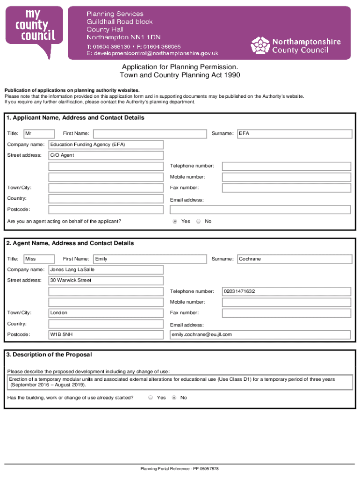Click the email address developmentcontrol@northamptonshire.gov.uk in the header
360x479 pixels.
[152, 53]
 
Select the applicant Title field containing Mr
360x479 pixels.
[39, 134]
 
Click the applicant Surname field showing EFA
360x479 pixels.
[295, 134]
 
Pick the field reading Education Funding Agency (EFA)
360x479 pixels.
[106, 145]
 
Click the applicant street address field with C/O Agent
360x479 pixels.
[106, 155]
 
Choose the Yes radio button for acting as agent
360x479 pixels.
[175, 221]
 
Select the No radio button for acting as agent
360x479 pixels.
[198, 221]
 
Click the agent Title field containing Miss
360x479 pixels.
[39, 259]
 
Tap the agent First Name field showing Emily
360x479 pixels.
[150, 259]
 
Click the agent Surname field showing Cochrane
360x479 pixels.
[295, 259]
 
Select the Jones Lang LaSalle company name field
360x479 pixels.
[106, 270]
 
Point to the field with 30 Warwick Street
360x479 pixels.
[106, 281]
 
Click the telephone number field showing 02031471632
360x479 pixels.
[286, 291]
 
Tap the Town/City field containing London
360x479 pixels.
[106, 313]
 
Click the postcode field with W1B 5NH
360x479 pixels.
[106, 334]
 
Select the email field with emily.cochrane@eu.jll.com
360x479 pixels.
[260, 334]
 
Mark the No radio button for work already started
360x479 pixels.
[174, 398]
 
